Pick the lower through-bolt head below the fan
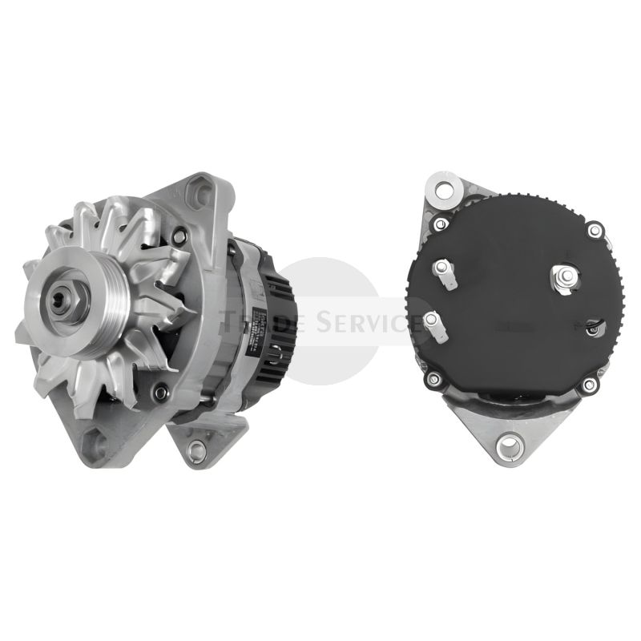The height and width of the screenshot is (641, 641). (160, 392)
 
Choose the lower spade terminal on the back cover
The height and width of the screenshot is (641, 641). (433, 320)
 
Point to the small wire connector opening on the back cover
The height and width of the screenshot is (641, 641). (593, 325)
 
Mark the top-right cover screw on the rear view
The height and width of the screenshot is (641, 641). (594, 232)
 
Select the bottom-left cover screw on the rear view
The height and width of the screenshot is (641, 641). (434, 379)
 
